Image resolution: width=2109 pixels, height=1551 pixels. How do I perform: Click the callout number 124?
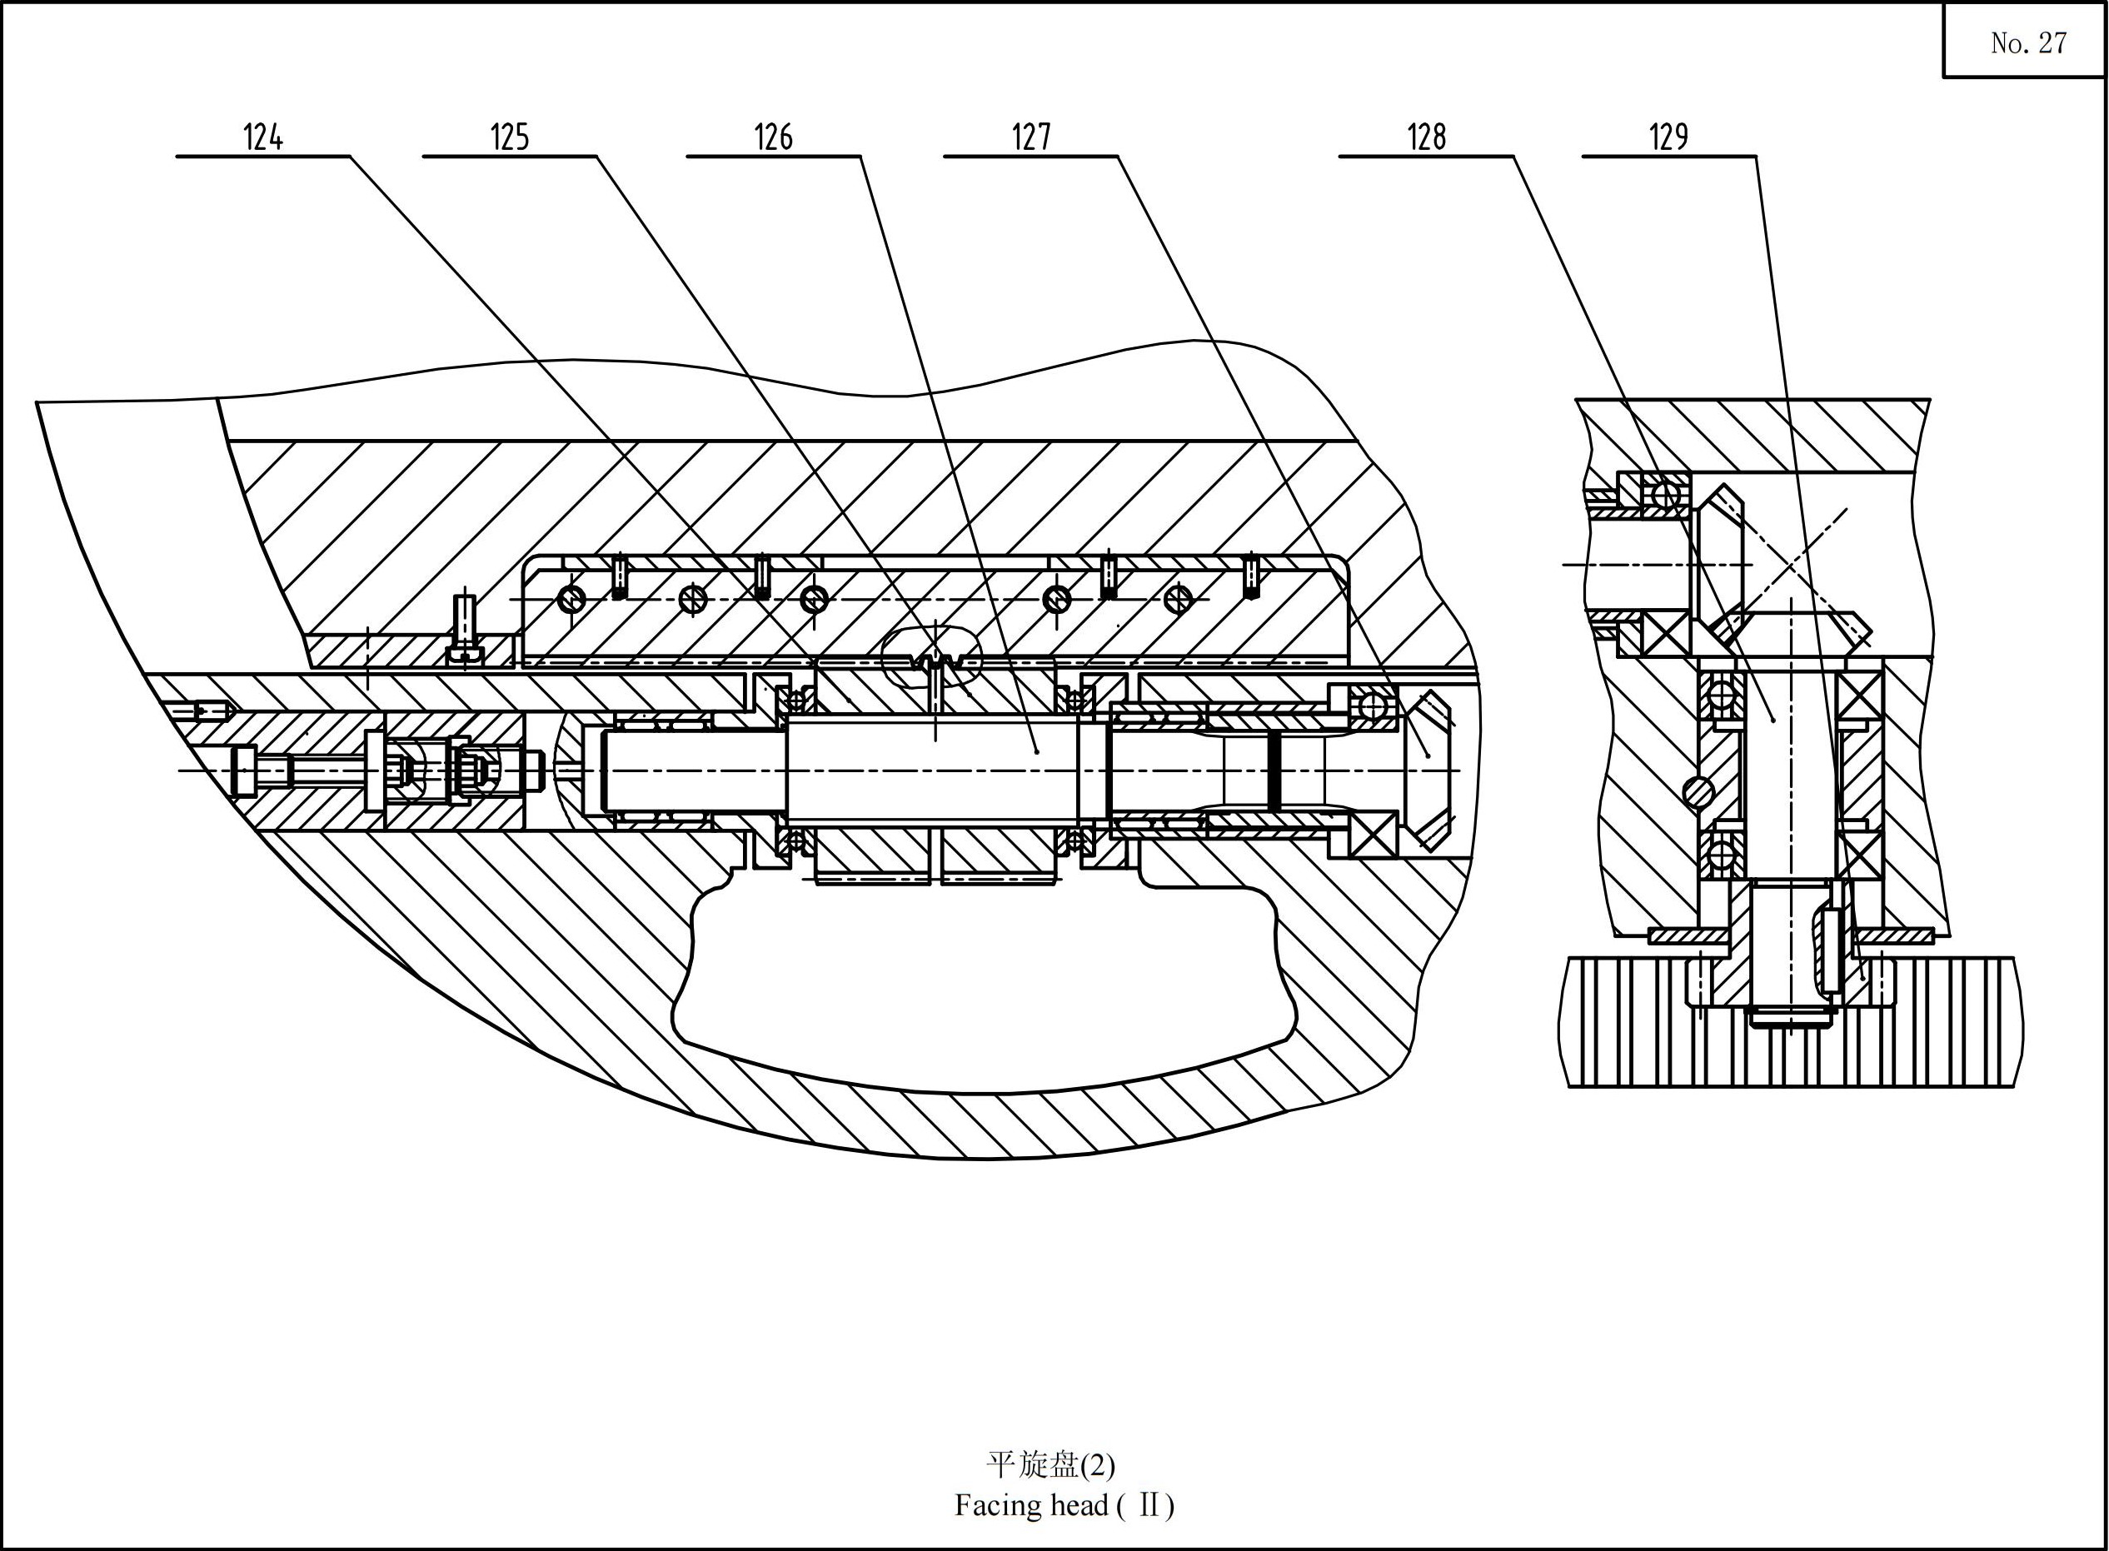[263, 137]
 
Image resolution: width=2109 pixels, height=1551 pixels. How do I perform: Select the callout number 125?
[510, 137]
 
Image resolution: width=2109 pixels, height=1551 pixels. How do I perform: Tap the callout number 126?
[774, 137]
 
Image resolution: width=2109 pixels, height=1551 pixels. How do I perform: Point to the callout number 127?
[1030, 137]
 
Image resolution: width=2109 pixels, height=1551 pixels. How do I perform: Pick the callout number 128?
[1427, 137]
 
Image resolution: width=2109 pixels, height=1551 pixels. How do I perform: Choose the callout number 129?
[1669, 137]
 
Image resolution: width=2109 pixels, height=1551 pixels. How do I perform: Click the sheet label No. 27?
[2028, 42]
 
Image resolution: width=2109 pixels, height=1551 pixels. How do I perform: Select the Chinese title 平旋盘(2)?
[1050, 1464]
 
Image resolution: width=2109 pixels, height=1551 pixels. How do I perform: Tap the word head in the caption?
[1079, 1506]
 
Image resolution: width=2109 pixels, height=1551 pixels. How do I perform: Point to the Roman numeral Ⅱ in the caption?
[1146, 1506]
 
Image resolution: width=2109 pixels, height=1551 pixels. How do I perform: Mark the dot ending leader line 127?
[1036, 751]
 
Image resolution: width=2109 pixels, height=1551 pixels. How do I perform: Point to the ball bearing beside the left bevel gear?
[1664, 493]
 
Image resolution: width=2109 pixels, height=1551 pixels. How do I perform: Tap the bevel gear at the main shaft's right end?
[1427, 770]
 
